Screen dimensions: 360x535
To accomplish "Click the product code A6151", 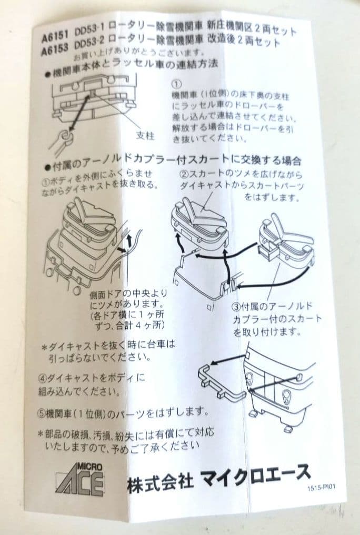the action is [x=55, y=35].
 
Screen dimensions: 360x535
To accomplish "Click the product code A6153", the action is [x=55, y=49].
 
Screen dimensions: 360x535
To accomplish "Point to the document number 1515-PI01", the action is [x=321, y=488].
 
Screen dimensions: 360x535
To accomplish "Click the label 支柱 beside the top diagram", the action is [x=145, y=135].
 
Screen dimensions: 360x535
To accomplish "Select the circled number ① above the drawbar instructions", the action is [x=176, y=84].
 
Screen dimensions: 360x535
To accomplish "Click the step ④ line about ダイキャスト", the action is [x=91, y=385].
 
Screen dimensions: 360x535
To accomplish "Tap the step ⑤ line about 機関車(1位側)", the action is [x=123, y=413].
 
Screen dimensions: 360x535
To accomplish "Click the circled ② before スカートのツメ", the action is [x=184, y=175].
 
